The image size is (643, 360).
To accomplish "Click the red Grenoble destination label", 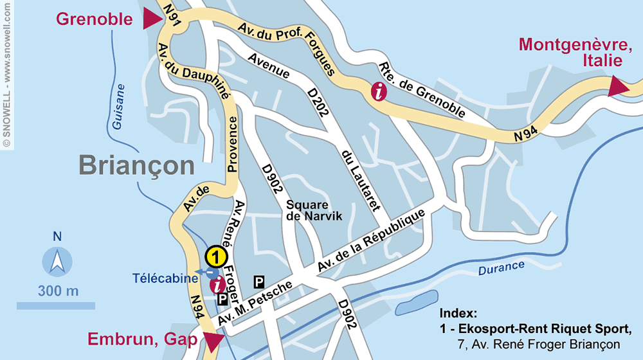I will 94,19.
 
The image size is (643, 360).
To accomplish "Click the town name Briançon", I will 136,165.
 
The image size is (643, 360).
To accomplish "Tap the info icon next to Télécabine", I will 219,283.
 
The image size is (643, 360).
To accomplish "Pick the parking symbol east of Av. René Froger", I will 259,281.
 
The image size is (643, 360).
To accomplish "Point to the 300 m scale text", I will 58,291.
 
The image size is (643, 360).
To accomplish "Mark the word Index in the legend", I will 458,314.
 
